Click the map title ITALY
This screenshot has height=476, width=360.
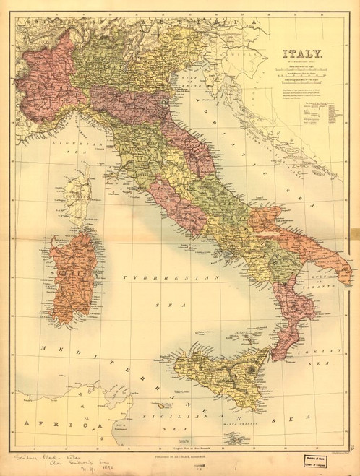302,53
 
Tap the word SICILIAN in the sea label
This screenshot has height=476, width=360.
166,417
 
